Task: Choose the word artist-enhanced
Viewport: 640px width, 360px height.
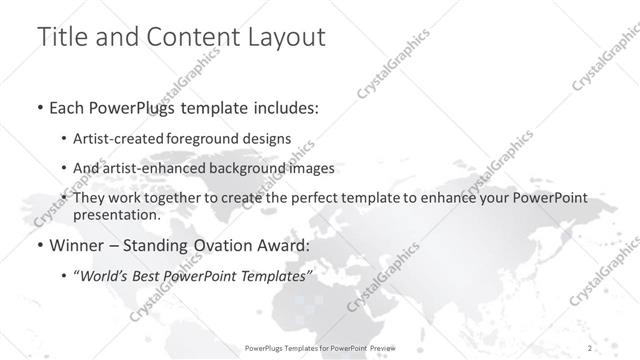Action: click(x=159, y=169)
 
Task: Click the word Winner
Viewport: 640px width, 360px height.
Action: click(x=74, y=245)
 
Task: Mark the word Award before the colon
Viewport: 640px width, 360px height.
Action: click(x=287, y=245)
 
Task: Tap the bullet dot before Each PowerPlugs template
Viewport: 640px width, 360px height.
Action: click(x=39, y=108)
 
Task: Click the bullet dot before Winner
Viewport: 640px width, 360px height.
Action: click(x=39, y=246)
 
